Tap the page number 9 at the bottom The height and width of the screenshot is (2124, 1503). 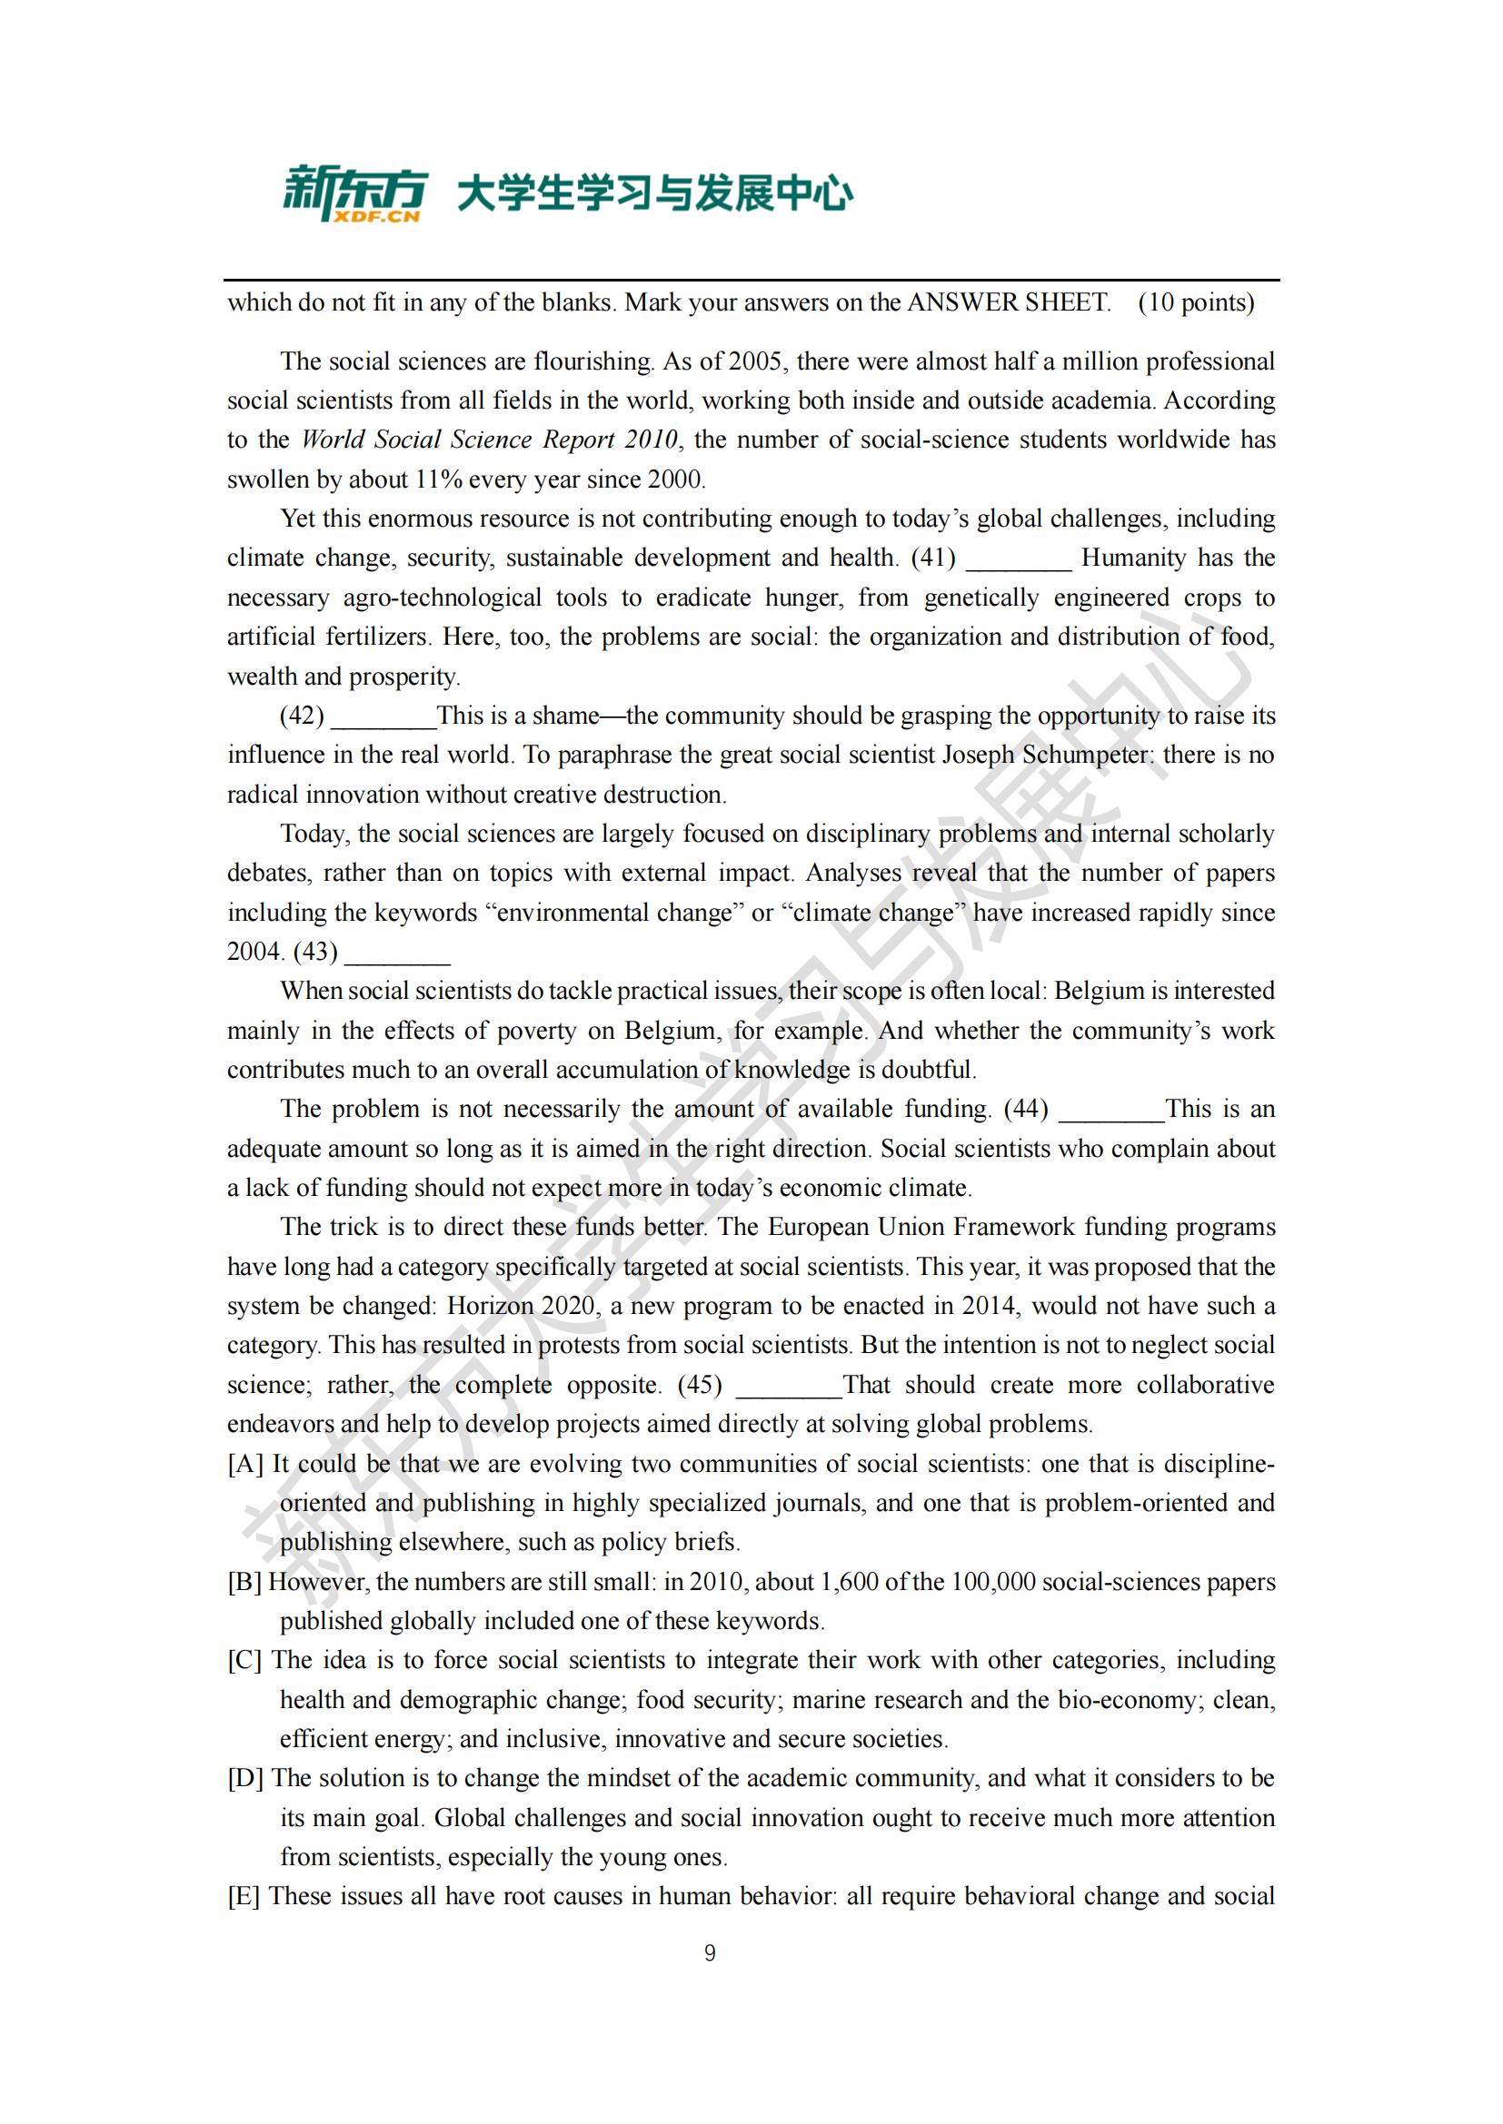coord(710,1953)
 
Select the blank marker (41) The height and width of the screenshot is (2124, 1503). coord(933,558)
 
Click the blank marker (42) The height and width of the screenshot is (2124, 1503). coord(302,715)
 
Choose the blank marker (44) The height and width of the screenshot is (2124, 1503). coord(1025,1108)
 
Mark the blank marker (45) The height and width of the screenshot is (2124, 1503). coord(700,1384)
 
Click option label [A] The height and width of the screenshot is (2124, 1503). coord(245,1464)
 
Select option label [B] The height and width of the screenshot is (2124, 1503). coord(245,1581)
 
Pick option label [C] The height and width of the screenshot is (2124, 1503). coord(245,1660)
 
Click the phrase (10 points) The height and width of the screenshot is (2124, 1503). coord(1196,302)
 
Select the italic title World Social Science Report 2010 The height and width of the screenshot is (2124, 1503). coord(490,440)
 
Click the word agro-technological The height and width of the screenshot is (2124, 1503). coord(443,598)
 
